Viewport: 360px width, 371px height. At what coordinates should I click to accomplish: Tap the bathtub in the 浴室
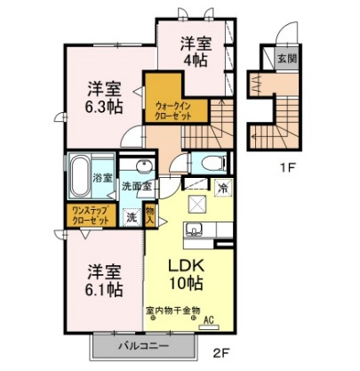coord(78,175)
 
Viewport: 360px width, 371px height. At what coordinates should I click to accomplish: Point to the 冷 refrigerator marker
coord(223,188)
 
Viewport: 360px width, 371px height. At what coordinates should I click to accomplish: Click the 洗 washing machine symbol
coord(132,216)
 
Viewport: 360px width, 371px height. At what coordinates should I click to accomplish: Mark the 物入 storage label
coord(150,215)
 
